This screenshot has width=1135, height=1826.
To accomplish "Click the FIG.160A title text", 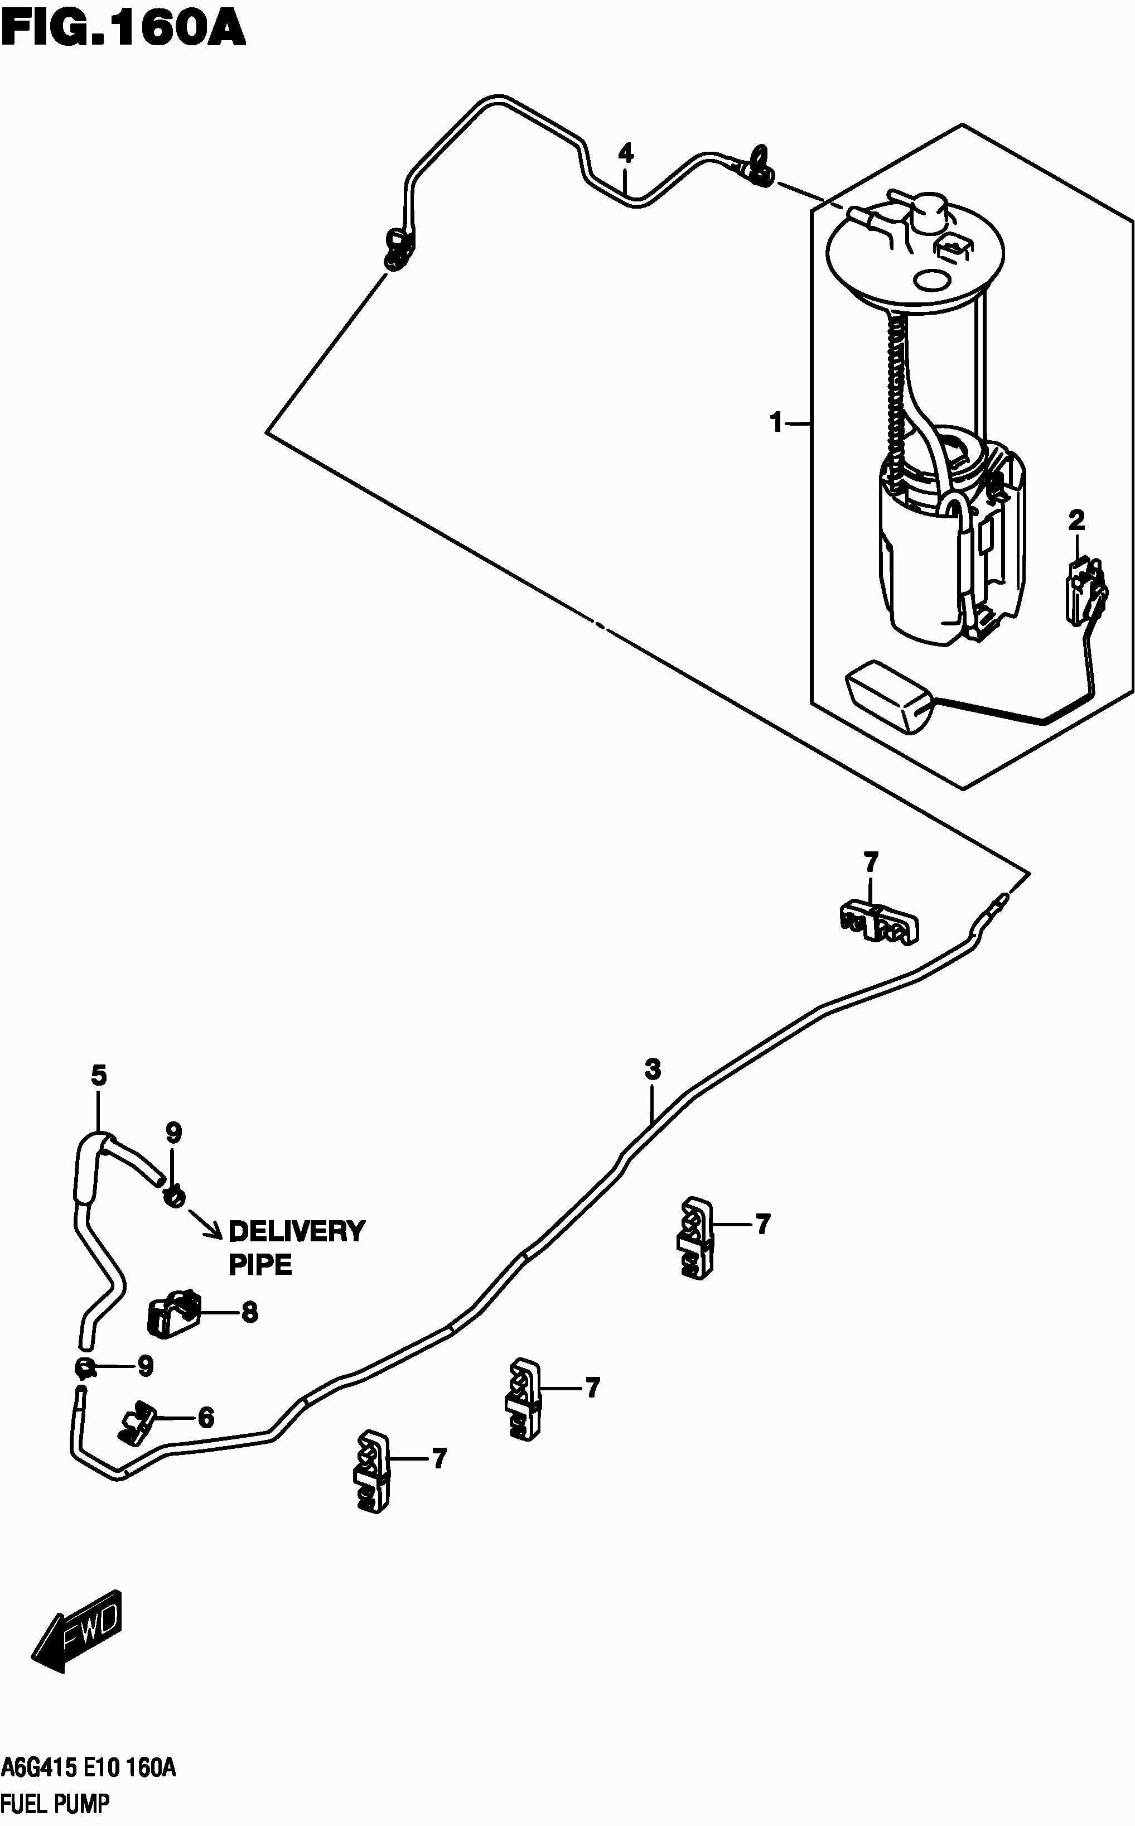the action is [x=123, y=28].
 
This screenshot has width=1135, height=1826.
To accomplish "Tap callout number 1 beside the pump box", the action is [x=776, y=423].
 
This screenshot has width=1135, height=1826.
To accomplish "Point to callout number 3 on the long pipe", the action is [x=653, y=1068].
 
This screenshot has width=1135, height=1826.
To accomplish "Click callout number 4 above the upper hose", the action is [x=625, y=155].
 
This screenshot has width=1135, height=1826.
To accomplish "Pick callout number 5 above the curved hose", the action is [x=98, y=1076].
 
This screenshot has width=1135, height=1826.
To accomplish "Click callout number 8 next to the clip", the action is [x=250, y=1312].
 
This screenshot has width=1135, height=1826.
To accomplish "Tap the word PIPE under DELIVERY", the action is [x=260, y=1265].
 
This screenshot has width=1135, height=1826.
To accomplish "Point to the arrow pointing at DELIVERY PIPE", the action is [x=204, y=1222].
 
